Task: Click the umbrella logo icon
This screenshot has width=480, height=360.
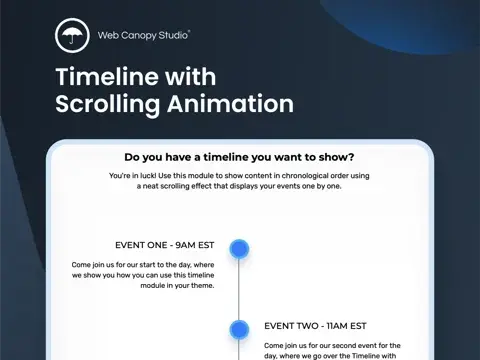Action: (71, 35)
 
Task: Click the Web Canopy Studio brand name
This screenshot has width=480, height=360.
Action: (144, 35)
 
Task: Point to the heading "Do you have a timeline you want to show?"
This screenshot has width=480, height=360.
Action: (239, 157)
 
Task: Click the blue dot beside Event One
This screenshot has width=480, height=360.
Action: (239, 248)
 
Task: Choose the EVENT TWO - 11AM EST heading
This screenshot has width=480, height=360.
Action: (316, 325)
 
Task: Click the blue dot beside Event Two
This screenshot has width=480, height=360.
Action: (239, 328)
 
